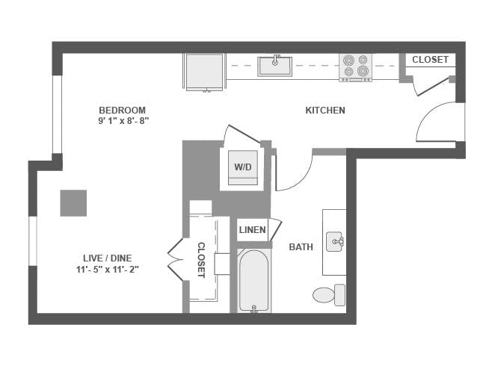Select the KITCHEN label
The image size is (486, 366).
[x=325, y=111]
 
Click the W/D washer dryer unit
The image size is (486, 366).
[x=243, y=167]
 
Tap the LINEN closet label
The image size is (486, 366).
[x=252, y=230]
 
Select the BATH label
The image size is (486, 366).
[x=301, y=246]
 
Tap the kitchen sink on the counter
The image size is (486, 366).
[x=275, y=66]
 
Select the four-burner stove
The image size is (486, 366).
[x=355, y=66]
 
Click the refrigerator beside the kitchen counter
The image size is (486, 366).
[x=204, y=70]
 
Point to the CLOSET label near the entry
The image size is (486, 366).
[x=430, y=60]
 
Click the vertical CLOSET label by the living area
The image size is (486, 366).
[x=201, y=259]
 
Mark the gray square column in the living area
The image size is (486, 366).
[x=73, y=203]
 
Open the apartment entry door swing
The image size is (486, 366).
[x=440, y=123]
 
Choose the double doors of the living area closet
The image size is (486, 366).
[x=175, y=259]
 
